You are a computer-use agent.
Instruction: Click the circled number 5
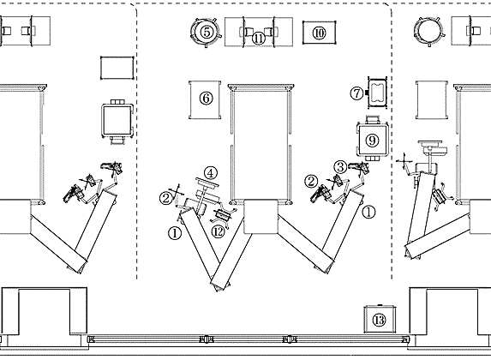[207, 32]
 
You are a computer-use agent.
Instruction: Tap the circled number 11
[259, 39]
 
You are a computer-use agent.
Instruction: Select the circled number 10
[319, 33]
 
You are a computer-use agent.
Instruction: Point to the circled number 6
[206, 99]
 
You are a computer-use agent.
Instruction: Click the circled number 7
[356, 93]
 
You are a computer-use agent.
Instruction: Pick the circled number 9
[373, 141]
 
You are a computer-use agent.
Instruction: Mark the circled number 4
[211, 173]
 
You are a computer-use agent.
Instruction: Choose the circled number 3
[340, 167]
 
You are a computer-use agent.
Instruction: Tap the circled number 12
[219, 231]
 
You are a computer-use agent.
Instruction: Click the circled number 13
[380, 321]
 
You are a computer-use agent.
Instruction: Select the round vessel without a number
[428, 32]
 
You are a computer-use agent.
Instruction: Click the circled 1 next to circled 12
[175, 233]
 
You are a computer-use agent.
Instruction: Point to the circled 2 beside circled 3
[311, 181]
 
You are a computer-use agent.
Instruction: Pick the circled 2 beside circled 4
[166, 198]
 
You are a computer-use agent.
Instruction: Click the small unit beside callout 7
[378, 93]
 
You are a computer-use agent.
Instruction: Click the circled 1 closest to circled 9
[368, 213]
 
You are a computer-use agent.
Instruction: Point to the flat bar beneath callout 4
[207, 183]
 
